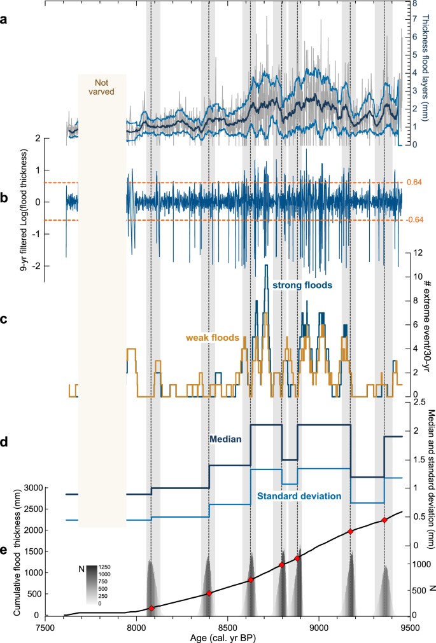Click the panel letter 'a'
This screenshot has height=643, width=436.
coord(5,20)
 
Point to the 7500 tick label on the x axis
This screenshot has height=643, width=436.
coord(45,625)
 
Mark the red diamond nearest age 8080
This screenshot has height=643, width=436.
coord(151,609)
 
